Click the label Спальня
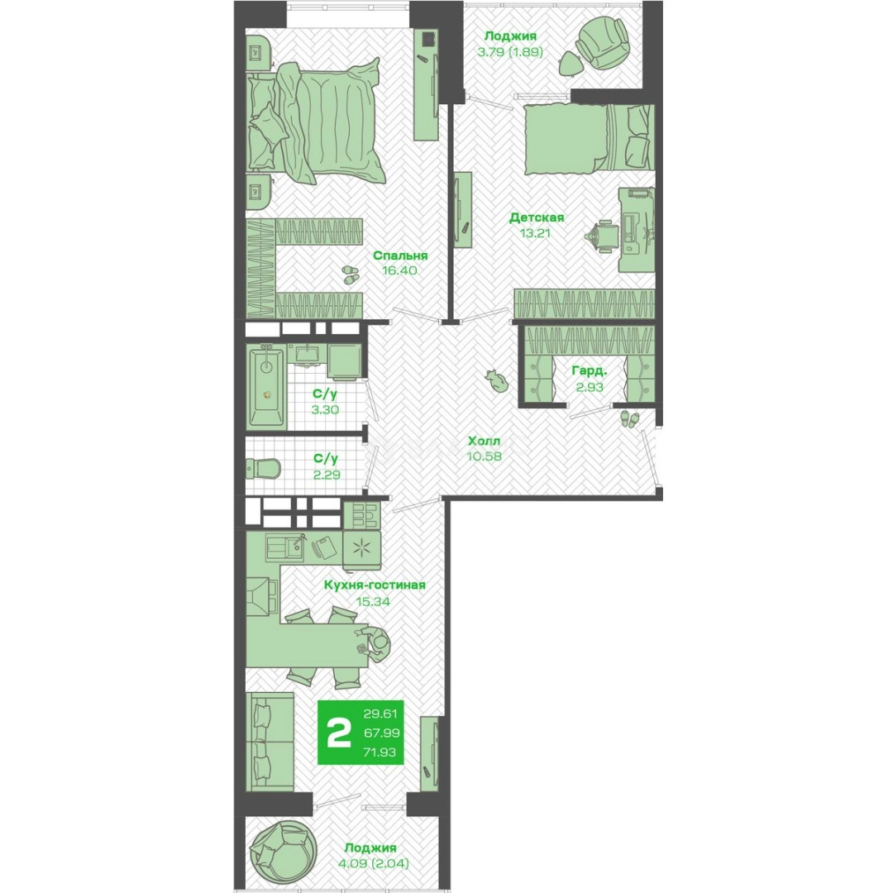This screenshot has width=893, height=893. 400,255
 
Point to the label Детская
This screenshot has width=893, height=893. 537,217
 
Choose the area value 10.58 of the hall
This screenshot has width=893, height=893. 484,456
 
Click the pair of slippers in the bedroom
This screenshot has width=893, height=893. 350,274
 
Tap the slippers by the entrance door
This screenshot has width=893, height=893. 630,418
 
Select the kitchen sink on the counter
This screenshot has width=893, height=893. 284,547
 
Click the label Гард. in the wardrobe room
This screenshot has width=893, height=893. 589,371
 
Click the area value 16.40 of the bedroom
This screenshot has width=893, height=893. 400,270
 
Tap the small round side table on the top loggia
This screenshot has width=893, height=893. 570,63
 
